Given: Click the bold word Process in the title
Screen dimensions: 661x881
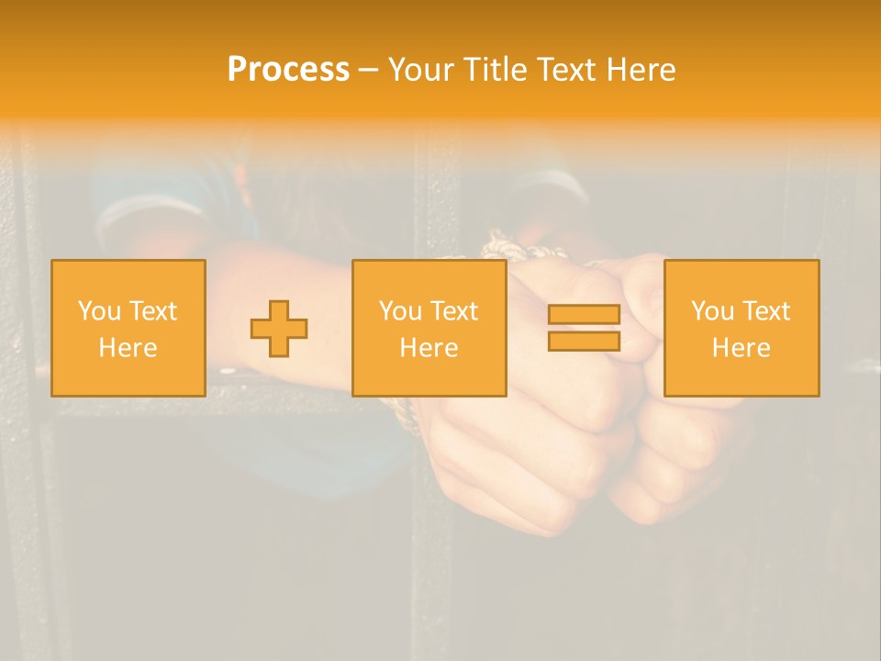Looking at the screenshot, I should click(x=288, y=70).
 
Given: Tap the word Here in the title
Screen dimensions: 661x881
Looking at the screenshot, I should click(x=640, y=70).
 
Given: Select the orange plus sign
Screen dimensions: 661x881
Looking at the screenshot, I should click(x=279, y=328).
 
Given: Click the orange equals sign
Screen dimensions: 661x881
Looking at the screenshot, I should click(x=584, y=328).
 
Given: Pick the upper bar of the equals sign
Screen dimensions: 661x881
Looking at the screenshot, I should click(x=584, y=315).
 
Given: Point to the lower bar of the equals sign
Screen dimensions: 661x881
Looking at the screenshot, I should click(x=584, y=342).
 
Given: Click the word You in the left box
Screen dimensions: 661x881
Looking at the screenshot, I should click(x=99, y=311).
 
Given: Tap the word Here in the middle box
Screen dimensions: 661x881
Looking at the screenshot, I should click(x=429, y=348).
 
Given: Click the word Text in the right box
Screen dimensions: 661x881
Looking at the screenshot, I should click(x=768, y=311).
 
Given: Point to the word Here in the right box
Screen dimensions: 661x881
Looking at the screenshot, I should click(x=742, y=348).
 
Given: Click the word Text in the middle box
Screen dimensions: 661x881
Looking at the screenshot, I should click(x=456, y=311).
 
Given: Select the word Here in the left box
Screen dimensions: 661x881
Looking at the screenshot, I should click(x=128, y=348).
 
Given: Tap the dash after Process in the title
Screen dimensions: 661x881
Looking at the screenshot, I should click(x=368, y=70).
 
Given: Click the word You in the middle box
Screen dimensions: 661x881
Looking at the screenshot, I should click(x=400, y=311).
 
